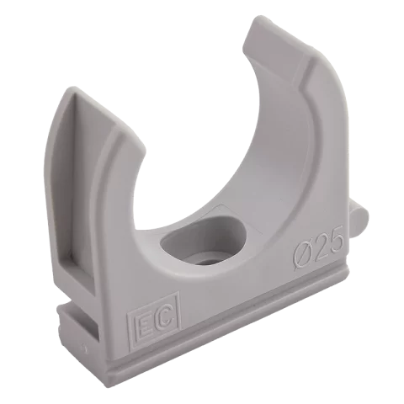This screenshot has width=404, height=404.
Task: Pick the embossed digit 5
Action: [x=335, y=239]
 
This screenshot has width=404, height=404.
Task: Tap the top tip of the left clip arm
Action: [x=70, y=88]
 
